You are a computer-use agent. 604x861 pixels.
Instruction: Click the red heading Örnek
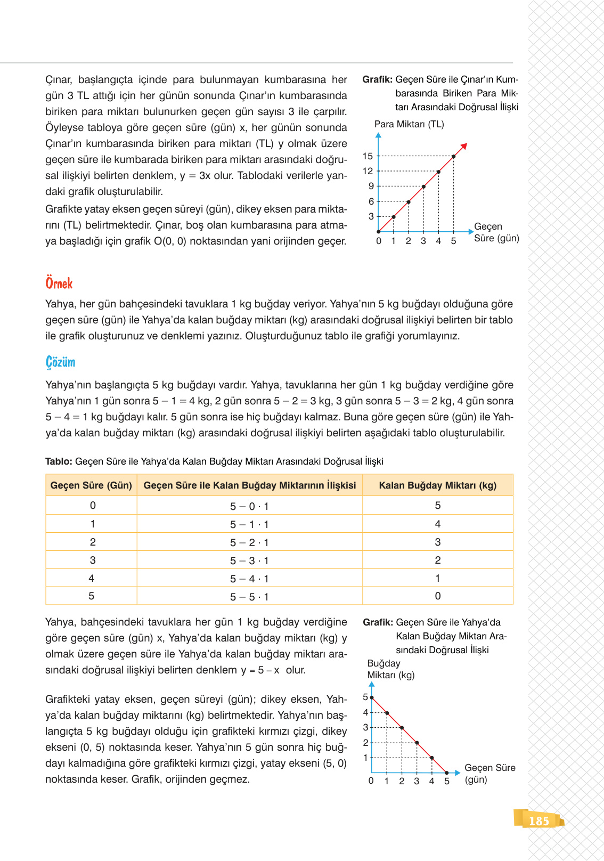point(59,283)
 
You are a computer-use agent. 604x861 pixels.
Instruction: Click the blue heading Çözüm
point(60,362)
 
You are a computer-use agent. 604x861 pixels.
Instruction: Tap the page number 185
point(538,821)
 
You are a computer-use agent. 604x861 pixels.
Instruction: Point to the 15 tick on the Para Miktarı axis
point(368,156)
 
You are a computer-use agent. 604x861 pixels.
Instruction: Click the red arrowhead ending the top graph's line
point(464,146)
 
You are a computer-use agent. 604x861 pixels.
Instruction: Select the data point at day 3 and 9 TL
point(423,186)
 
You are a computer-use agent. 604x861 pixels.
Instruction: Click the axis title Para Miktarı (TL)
point(409,124)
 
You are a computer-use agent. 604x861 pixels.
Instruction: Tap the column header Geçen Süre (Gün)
point(91,485)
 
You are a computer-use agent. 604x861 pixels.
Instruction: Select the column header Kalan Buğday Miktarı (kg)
point(437,485)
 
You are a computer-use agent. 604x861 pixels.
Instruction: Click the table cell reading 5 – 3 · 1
point(249,561)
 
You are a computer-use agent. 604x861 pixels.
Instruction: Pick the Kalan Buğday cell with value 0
point(437,596)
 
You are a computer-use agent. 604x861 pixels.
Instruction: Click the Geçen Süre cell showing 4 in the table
point(91,578)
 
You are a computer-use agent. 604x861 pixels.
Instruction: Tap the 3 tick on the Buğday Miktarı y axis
point(365,727)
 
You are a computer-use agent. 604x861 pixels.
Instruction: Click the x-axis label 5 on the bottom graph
point(446,781)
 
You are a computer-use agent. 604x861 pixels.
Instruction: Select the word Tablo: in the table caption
point(59,461)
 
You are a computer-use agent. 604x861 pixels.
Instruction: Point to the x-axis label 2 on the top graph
point(408,241)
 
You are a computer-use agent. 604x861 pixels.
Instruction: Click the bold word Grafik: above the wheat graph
point(378,622)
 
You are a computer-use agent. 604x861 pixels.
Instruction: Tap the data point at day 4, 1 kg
point(431,758)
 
